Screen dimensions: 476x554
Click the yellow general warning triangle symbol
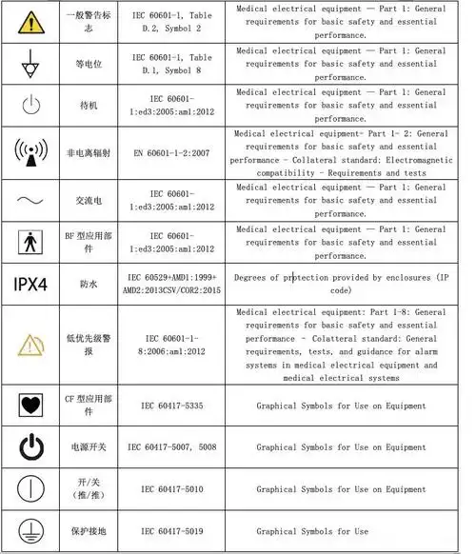(31, 21)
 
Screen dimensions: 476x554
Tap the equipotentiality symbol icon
(31, 63)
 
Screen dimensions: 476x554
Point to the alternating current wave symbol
(31, 198)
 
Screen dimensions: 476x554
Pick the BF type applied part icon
(31, 241)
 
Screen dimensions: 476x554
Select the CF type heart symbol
(31, 406)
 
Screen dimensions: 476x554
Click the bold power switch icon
(31, 446)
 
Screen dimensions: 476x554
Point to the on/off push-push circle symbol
(31, 488)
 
